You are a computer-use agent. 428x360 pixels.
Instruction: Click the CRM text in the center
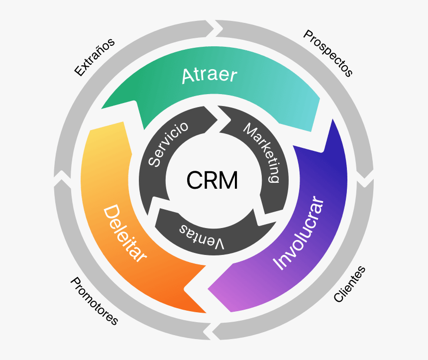tap(212, 180)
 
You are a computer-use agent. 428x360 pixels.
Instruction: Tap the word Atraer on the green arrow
tap(209, 75)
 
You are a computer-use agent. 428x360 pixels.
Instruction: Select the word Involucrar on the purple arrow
tap(299, 234)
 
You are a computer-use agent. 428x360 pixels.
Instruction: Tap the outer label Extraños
tap(94, 57)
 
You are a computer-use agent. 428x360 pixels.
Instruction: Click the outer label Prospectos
tap(328, 53)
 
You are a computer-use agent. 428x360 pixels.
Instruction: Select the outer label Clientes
tap(349, 284)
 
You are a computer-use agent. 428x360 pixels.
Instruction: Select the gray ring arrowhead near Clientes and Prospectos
tap(366, 178)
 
